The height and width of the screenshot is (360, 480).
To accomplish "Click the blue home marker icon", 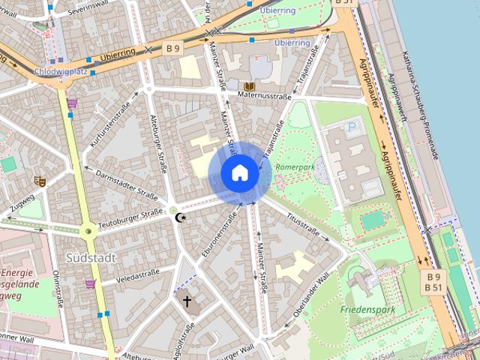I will click(239, 172).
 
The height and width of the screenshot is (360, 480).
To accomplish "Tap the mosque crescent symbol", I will click(179, 217).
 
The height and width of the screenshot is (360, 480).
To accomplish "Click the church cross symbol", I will click(186, 301).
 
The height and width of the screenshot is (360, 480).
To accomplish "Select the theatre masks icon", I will click(40, 181).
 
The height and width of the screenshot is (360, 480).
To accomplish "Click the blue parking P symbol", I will click(352, 129).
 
